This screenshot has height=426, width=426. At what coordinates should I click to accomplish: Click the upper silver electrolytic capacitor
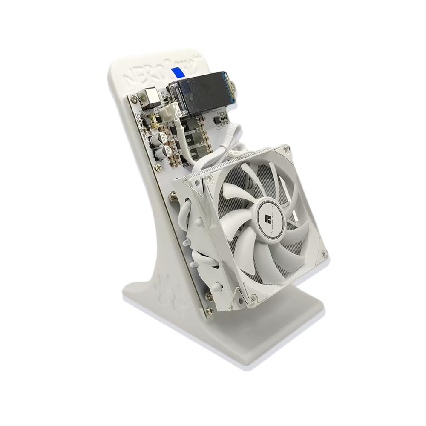click(162, 137)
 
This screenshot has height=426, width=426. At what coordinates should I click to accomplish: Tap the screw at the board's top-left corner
click(135, 99)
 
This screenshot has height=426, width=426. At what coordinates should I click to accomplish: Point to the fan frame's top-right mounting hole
click(282, 151)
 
